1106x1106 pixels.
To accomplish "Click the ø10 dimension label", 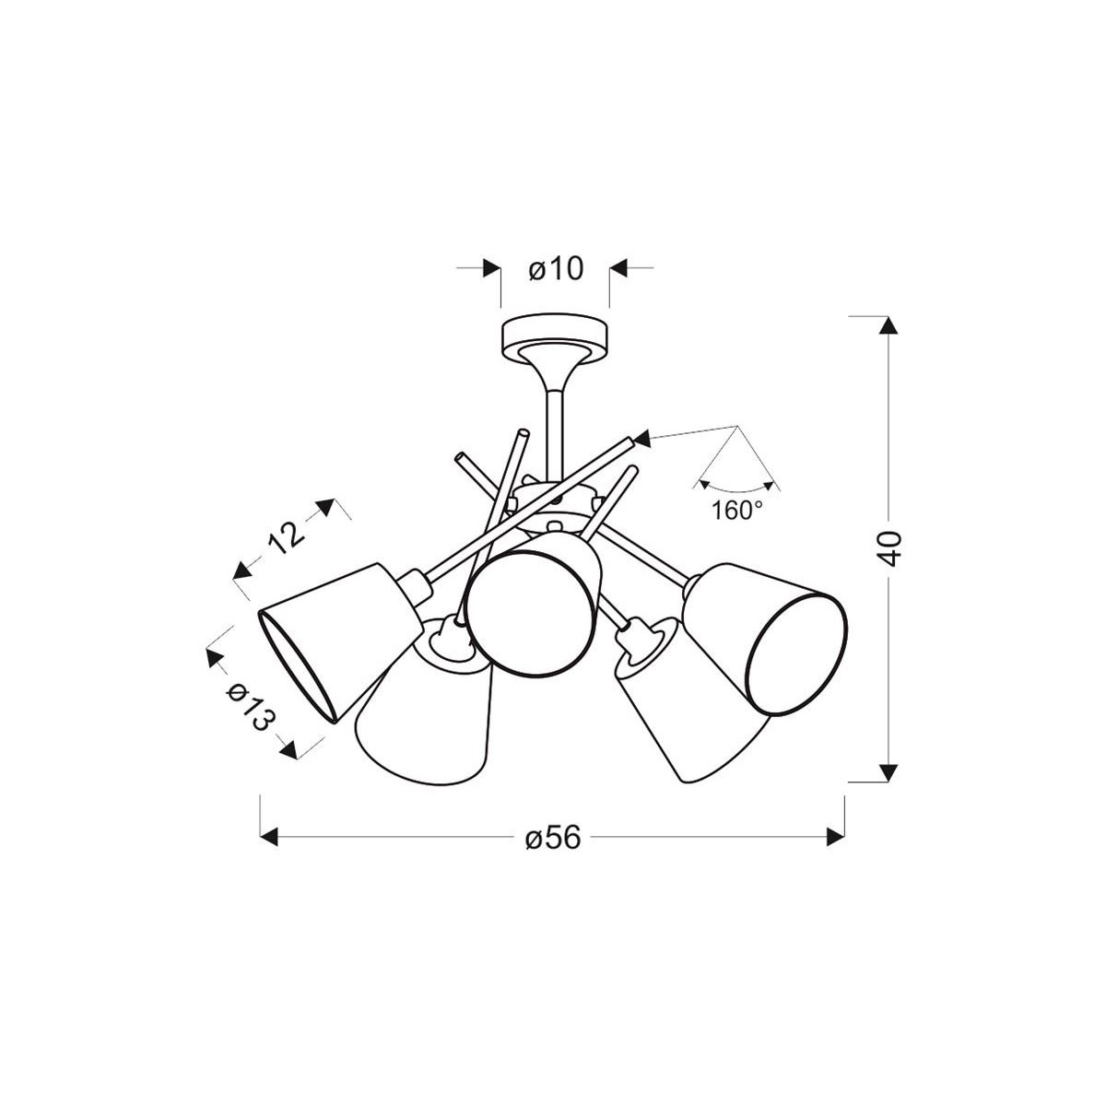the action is pyautogui.click(x=555, y=269).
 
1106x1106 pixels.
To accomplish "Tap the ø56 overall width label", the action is pyautogui.click(x=553, y=839).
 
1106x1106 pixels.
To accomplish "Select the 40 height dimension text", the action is pyautogui.click(x=889, y=549).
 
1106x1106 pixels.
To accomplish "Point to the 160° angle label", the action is pyautogui.click(x=737, y=510).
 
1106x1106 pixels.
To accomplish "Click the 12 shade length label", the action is pyautogui.click(x=286, y=538).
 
